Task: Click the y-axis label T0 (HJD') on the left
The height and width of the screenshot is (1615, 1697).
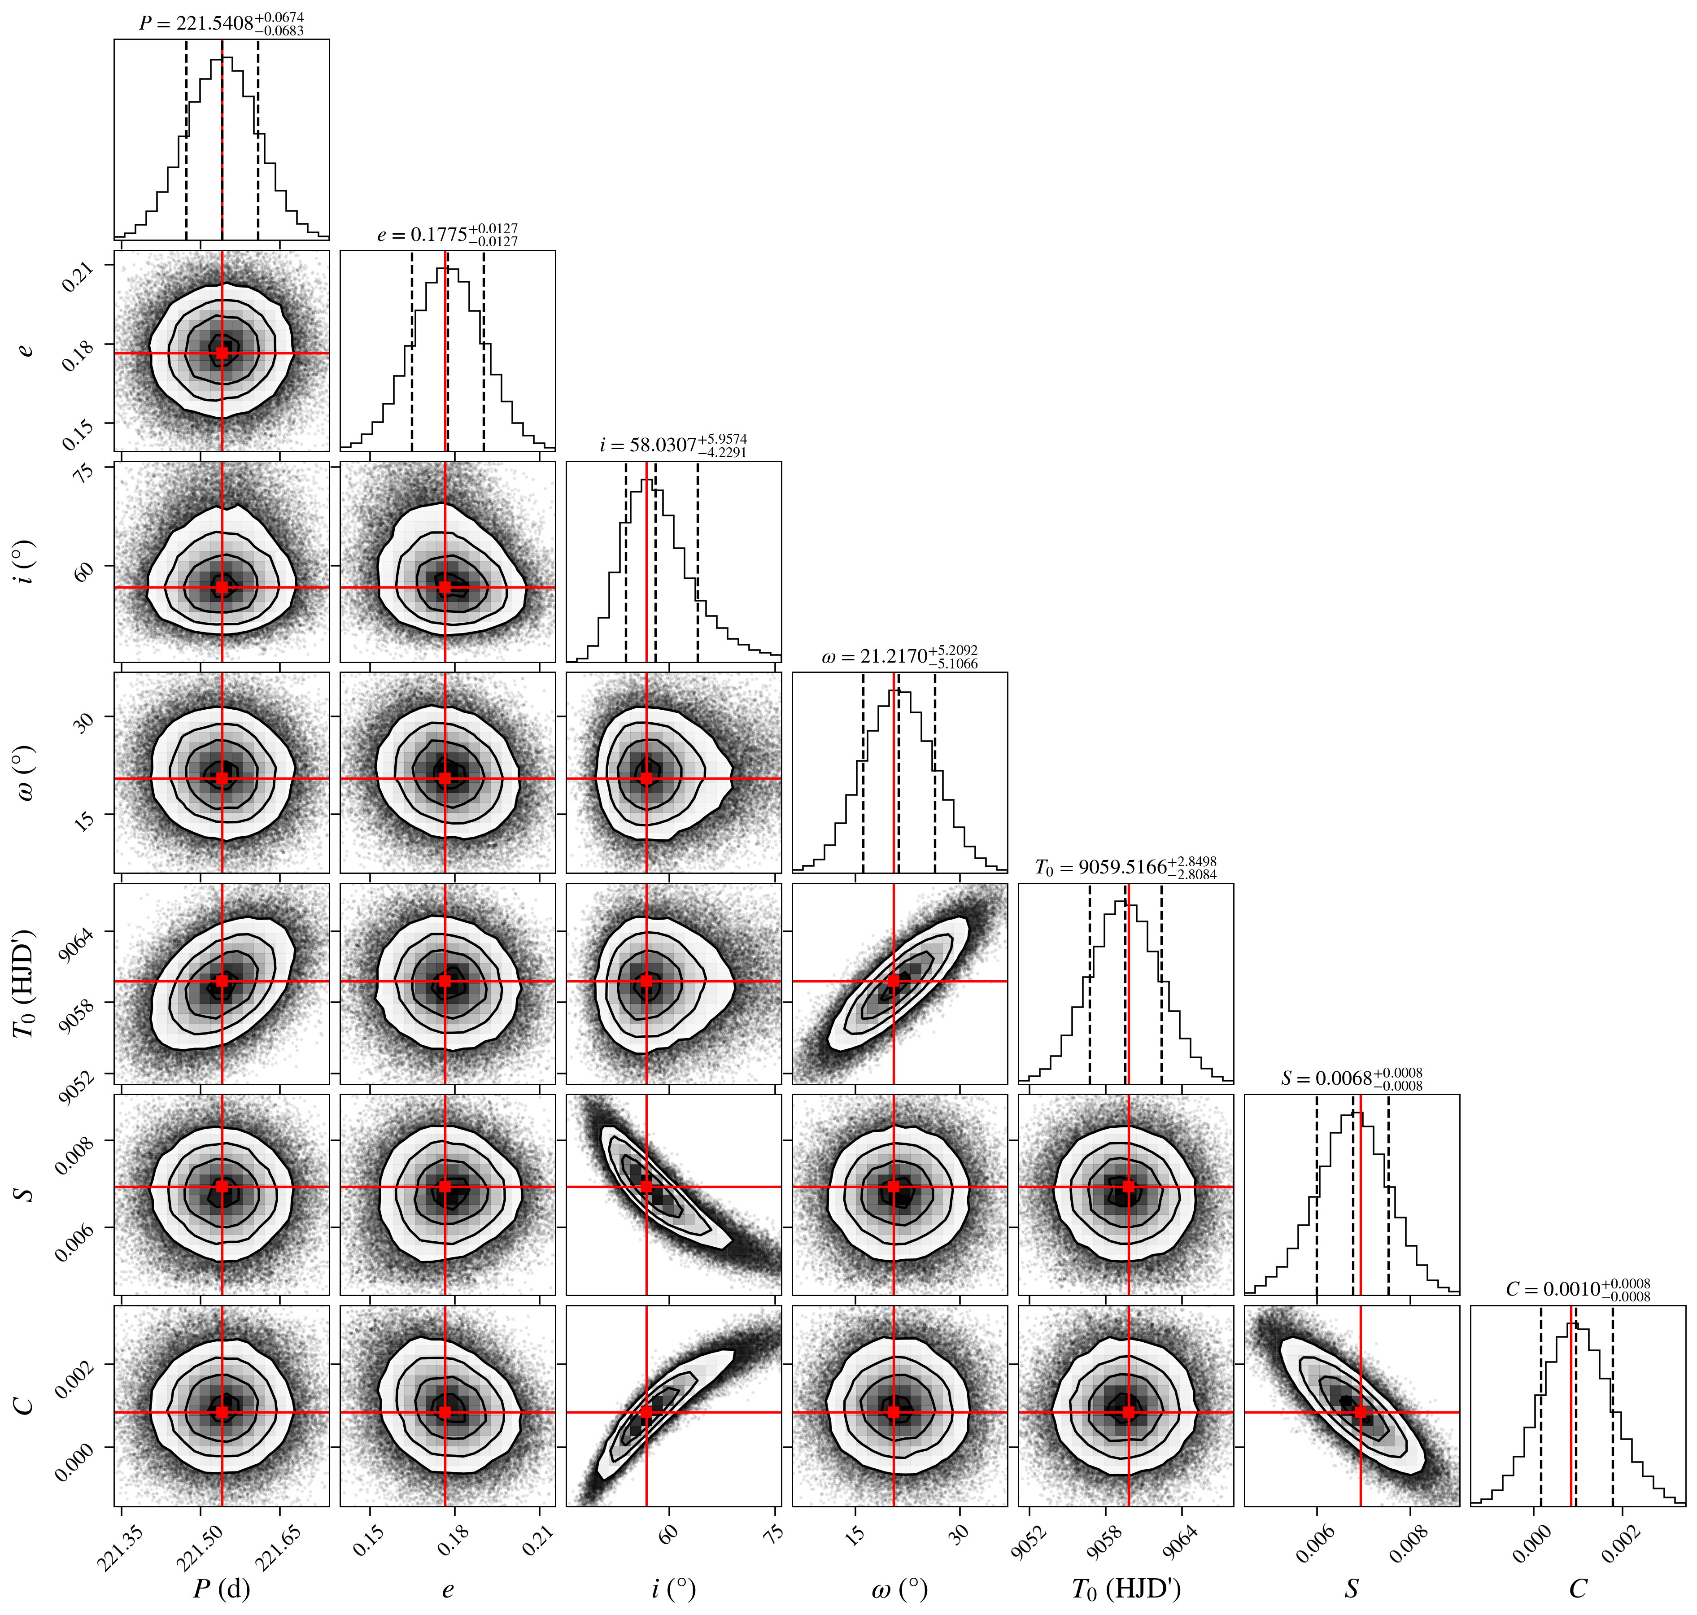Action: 26,983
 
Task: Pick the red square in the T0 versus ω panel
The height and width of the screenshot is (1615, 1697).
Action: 894,981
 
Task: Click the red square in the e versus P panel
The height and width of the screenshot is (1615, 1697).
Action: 222,352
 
